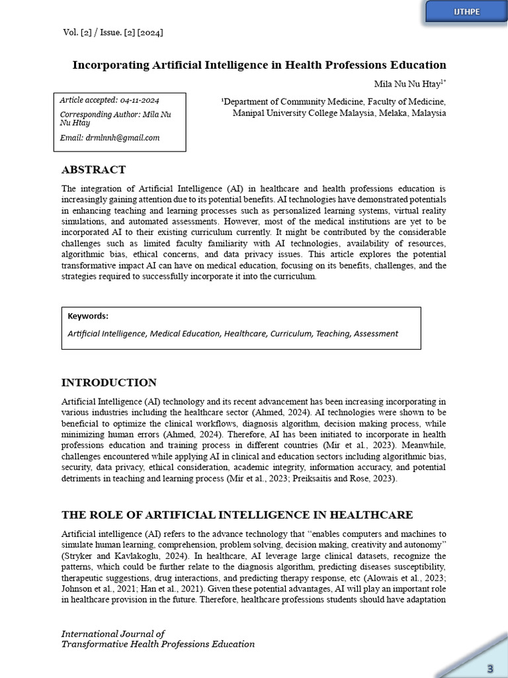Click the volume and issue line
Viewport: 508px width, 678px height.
(x=112, y=32)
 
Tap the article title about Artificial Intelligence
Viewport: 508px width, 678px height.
(x=259, y=65)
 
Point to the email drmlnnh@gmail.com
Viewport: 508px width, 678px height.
(x=109, y=138)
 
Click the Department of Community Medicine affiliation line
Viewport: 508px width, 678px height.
(x=333, y=101)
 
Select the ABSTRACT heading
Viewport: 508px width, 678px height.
(x=93, y=169)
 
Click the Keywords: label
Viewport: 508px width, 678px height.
(x=88, y=316)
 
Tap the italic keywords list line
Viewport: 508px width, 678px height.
(x=233, y=334)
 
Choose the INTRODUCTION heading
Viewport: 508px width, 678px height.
(x=109, y=383)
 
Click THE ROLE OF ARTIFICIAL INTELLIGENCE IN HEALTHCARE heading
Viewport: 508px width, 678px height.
(x=237, y=514)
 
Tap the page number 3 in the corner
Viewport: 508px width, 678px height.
(x=490, y=667)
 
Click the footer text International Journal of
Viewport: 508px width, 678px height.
(x=113, y=634)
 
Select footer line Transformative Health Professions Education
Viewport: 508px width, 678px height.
(x=157, y=644)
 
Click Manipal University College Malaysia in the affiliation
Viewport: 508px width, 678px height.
(x=294, y=113)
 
